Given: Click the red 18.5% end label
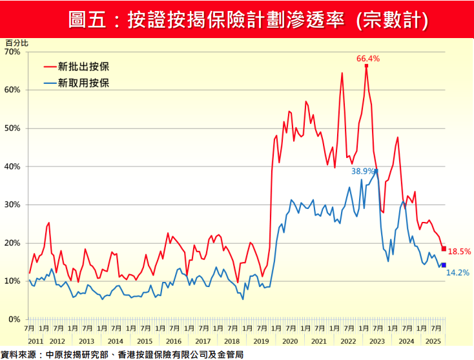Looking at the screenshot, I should (x=459, y=252).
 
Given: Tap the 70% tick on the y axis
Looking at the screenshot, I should (x=13, y=52).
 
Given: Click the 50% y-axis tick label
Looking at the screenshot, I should (x=13, y=128).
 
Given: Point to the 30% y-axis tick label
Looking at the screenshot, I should (x=13, y=205).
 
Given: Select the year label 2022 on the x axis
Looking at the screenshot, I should (x=347, y=341).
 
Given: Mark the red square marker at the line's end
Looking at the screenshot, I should (x=444, y=249).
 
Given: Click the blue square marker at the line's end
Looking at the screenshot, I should (x=444, y=265).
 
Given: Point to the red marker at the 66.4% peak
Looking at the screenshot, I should (x=366, y=66).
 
